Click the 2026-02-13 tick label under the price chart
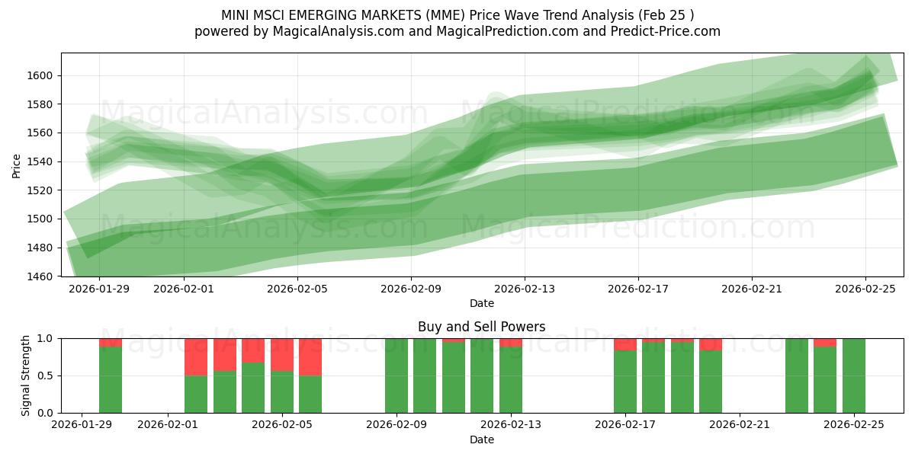tap(525, 289)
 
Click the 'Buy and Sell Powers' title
tap(481, 327)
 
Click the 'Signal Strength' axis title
tap(26, 376)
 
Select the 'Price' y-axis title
tap(17, 165)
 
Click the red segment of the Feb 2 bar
tap(196, 356)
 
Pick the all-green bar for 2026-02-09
tap(396, 376)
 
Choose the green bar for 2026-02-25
tap(854, 376)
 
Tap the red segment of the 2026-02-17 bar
tap(625, 344)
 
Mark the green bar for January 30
tap(111, 380)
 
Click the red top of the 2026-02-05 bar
tap(282, 354)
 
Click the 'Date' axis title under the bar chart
tap(481, 439)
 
